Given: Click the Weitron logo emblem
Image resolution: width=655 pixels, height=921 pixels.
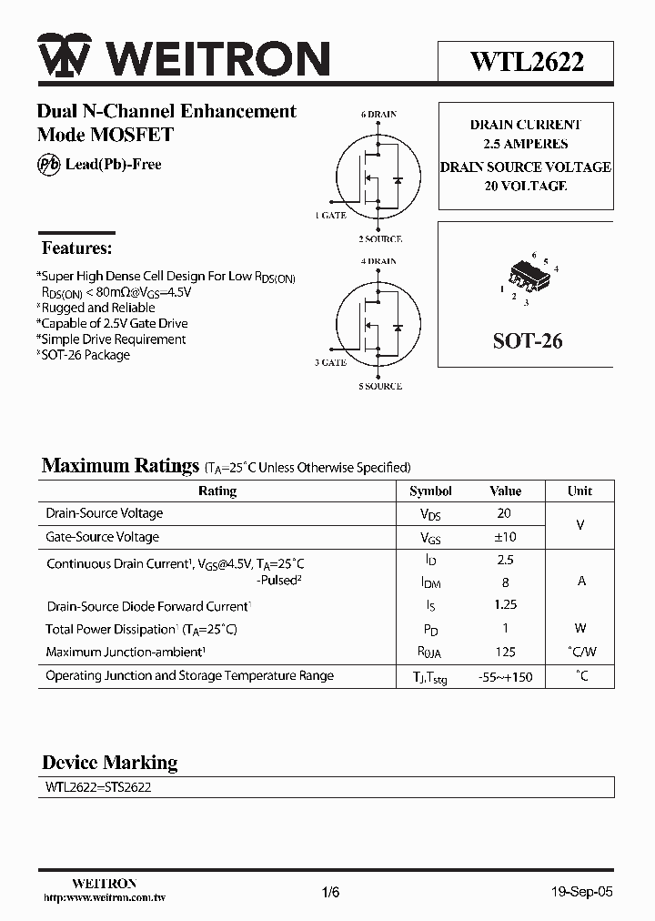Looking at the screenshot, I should point(63,59).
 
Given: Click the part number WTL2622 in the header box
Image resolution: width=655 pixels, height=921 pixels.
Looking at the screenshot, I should point(527,61).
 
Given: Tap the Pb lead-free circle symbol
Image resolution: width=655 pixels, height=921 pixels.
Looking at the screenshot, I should point(48,165).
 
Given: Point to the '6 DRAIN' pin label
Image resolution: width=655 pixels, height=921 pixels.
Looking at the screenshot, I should point(378,115).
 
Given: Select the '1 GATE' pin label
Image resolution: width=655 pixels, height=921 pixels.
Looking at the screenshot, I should point(330,216).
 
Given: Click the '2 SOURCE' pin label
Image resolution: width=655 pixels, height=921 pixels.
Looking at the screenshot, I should point(380,239).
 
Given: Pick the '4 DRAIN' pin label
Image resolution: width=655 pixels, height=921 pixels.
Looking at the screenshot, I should point(378,261).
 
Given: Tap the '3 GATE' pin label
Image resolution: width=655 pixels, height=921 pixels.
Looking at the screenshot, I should point(330,362).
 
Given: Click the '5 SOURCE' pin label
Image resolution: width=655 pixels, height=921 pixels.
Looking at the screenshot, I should point(380,386).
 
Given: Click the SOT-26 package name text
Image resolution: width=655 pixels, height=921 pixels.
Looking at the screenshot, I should point(528,341).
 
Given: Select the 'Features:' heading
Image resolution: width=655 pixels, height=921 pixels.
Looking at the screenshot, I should point(77,248).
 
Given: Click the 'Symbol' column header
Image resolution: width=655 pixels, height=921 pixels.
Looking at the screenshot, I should point(430,491).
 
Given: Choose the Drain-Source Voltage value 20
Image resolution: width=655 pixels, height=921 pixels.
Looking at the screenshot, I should point(504,513).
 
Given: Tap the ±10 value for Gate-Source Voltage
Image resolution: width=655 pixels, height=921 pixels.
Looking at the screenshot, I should point(504,537).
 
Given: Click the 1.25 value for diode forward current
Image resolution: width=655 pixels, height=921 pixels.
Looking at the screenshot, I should point(505,605).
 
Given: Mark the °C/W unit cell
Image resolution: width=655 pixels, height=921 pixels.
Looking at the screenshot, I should point(580,652).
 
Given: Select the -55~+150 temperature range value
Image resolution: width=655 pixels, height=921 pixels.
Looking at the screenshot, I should point(505,677).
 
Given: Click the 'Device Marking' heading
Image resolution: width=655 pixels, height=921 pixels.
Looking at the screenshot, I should point(110,763).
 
